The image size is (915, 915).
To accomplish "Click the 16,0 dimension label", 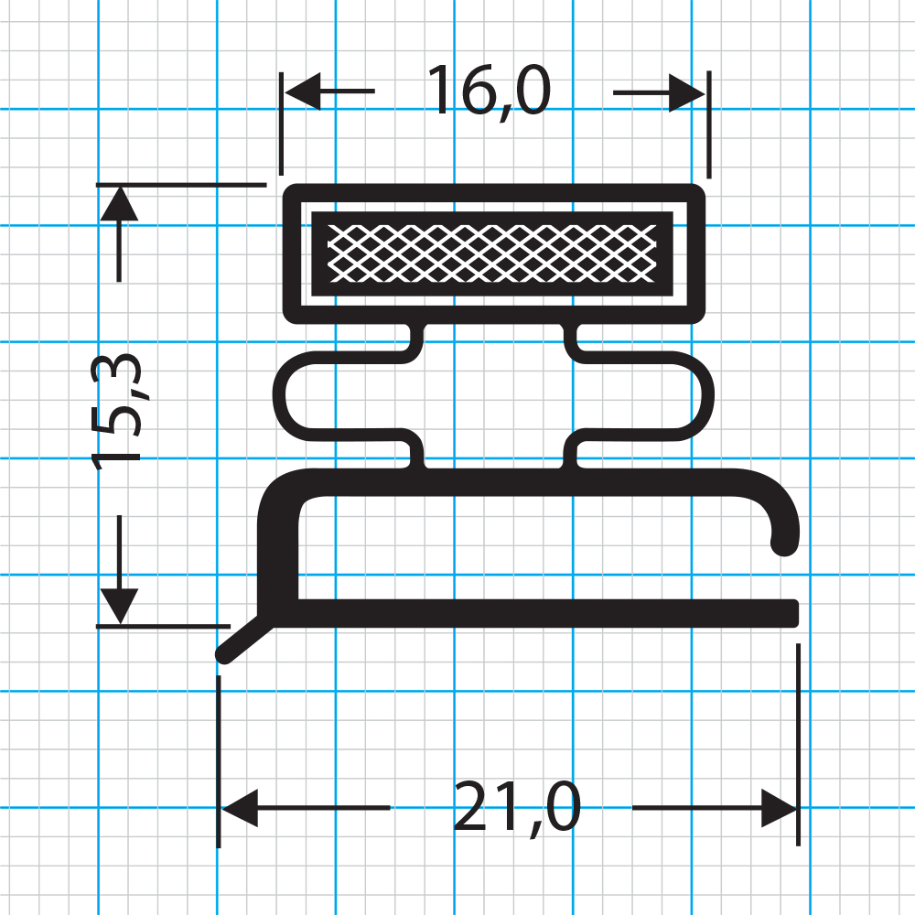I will (x=489, y=91).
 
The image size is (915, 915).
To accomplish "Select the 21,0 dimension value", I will (x=517, y=809).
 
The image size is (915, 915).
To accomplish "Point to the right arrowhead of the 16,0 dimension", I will (x=686, y=91).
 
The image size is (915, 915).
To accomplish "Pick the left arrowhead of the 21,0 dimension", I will (x=238, y=809).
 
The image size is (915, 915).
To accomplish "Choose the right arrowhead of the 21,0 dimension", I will (x=780, y=809).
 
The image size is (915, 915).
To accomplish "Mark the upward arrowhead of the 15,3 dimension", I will (x=119, y=203).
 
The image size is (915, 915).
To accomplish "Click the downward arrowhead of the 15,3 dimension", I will (x=119, y=606).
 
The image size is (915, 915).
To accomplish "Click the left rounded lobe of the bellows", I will (x=285, y=395).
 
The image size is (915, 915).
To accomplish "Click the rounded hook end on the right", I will (x=785, y=540).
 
